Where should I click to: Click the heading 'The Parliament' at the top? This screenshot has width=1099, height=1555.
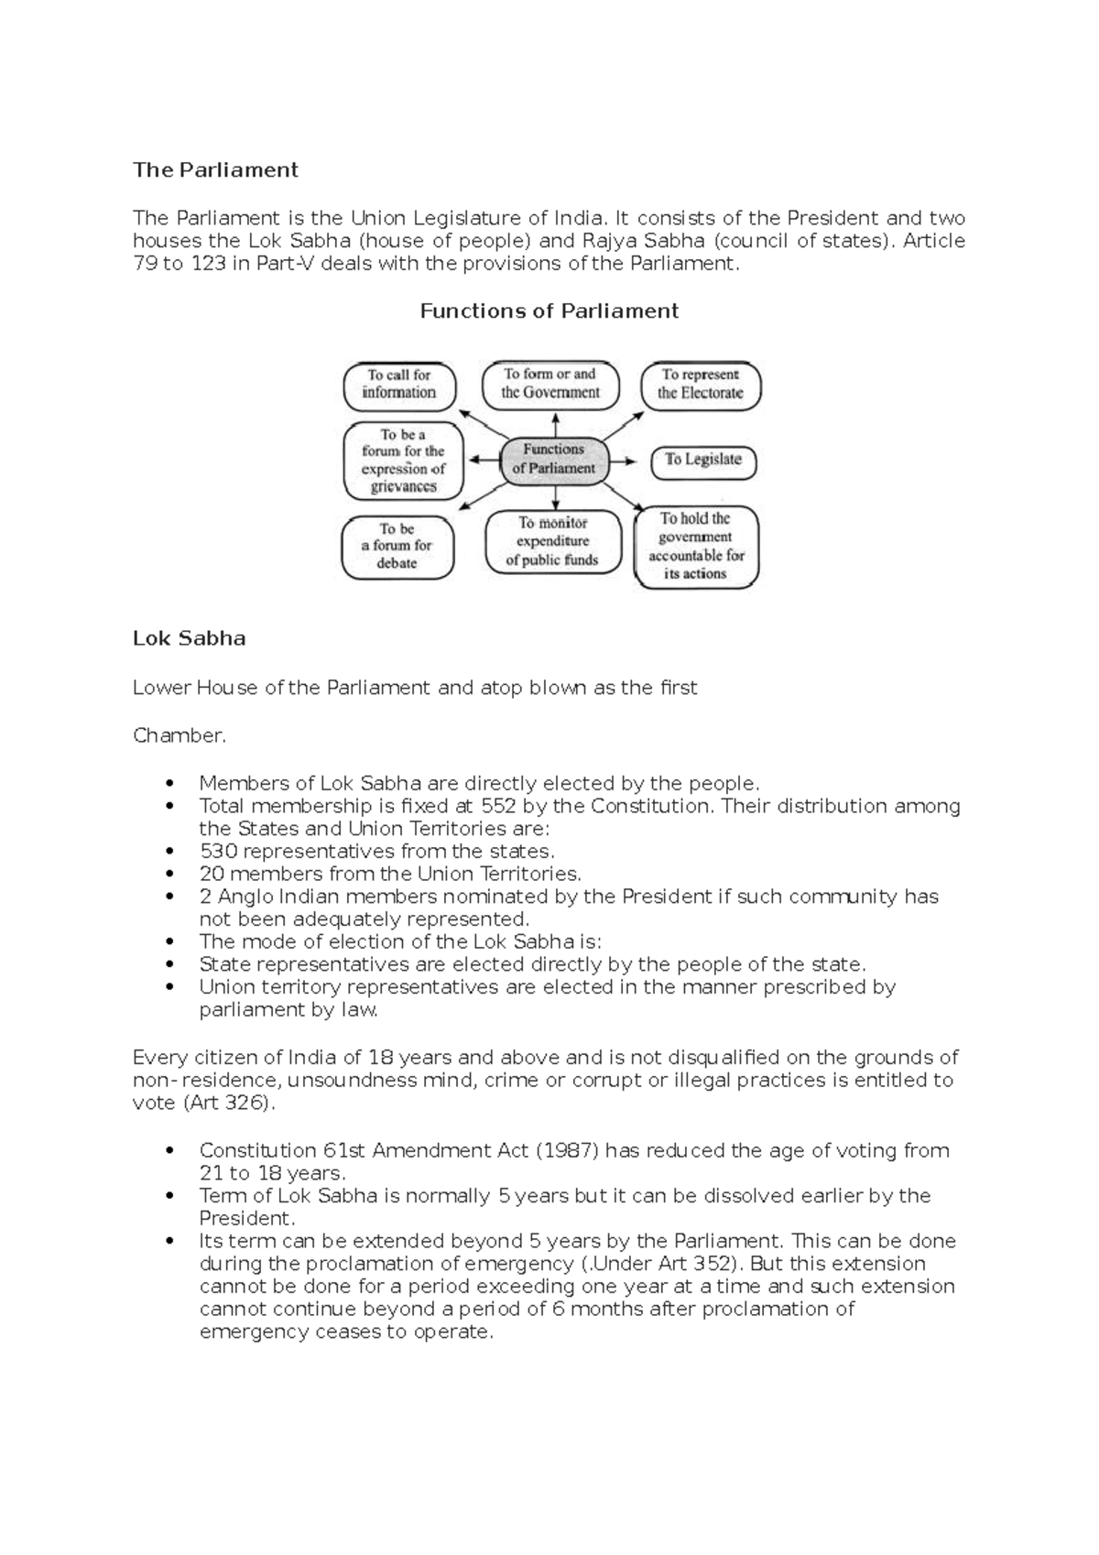click(x=215, y=169)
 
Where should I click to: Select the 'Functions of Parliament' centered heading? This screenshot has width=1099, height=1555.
click(x=549, y=310)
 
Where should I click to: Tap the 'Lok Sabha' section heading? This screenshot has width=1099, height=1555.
click(x=189, y=638)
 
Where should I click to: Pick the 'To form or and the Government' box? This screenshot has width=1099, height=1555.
click(x=550, y=384)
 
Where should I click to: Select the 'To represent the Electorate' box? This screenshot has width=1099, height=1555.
click(x=701, y=384)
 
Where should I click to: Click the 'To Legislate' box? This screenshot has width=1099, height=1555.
click(x=703, y=461)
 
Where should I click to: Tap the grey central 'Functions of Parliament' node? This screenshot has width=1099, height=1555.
click(x=554, y=459)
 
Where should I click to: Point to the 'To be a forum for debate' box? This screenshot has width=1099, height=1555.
click(x=397, y=546)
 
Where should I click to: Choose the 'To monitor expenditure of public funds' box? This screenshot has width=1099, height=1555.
click(x=552, y=541)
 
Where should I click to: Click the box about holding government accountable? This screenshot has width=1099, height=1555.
click(x=696, y=546)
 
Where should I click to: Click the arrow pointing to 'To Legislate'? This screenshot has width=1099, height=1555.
click(x=626, y=461)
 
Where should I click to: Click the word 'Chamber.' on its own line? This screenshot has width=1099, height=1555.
click(x=179, y=735)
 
